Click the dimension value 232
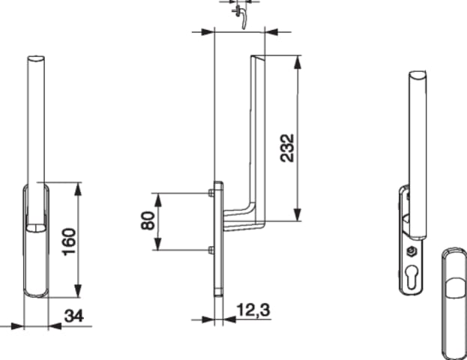click(x=287, y=148)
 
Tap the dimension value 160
click(x=69, y=241)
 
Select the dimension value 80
click(x=148, y=220)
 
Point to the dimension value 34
click(x=74, y=316)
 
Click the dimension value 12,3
click(x=253, y=310)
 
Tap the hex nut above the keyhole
click(x=412, y=252)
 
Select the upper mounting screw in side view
click(x=211, y=193)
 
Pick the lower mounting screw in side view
click(x=211, y=250)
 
